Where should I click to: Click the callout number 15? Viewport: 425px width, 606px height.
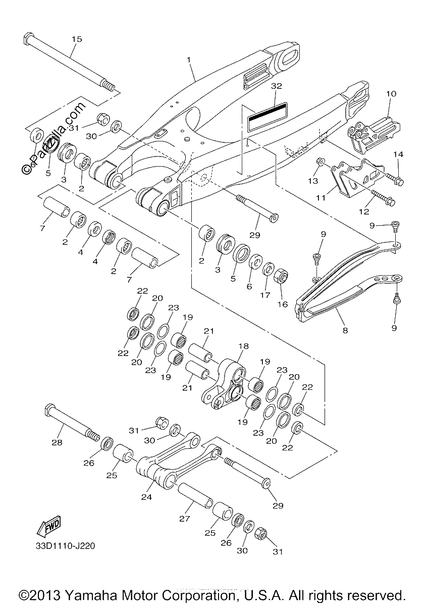tap(77, 39)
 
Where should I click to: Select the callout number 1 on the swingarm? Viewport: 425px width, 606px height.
tap(189, 60)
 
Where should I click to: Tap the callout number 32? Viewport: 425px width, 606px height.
tap(276, 86)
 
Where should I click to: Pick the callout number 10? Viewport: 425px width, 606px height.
tap(391, 94)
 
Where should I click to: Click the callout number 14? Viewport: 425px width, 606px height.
tap(398, 155)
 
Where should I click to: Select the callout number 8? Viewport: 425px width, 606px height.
tap(345, 330)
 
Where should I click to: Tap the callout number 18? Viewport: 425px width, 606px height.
tap(243, 346)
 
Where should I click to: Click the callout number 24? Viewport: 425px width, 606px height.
tap(146, 497)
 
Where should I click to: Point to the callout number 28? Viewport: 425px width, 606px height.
tap(57, 442)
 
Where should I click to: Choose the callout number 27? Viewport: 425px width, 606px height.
tap(185, 519)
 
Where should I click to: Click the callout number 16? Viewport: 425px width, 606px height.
tap(283, 305)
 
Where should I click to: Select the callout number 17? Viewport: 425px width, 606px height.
tap(265, 295)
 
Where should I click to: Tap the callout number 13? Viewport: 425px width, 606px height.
tap(313, 181)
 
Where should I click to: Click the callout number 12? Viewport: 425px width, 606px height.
tap(364, 211)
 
